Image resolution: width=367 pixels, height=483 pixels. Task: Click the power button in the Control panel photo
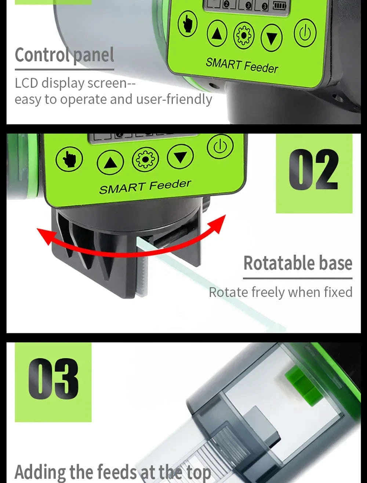[x=305, y=33]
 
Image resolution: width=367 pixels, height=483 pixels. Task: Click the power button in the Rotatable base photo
[x=220, y=146]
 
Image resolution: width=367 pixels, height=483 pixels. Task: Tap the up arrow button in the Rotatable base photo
[x=110, y=162]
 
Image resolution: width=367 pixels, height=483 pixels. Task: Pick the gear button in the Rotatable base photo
[x=145, y=159]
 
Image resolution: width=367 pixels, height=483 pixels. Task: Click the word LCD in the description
[x=26, y=83]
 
